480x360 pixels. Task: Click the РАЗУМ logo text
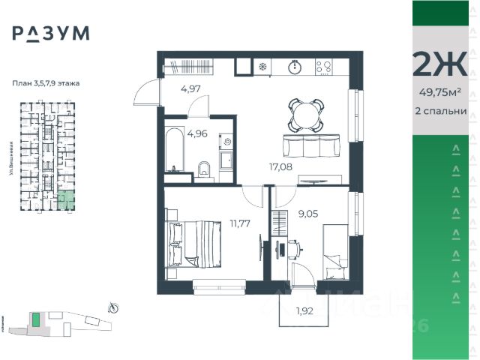50,32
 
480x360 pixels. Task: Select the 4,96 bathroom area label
197,134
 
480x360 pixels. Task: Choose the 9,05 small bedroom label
308,212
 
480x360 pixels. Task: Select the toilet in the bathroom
203,169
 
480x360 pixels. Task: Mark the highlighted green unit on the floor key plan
67,199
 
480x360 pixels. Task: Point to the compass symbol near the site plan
113,306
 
